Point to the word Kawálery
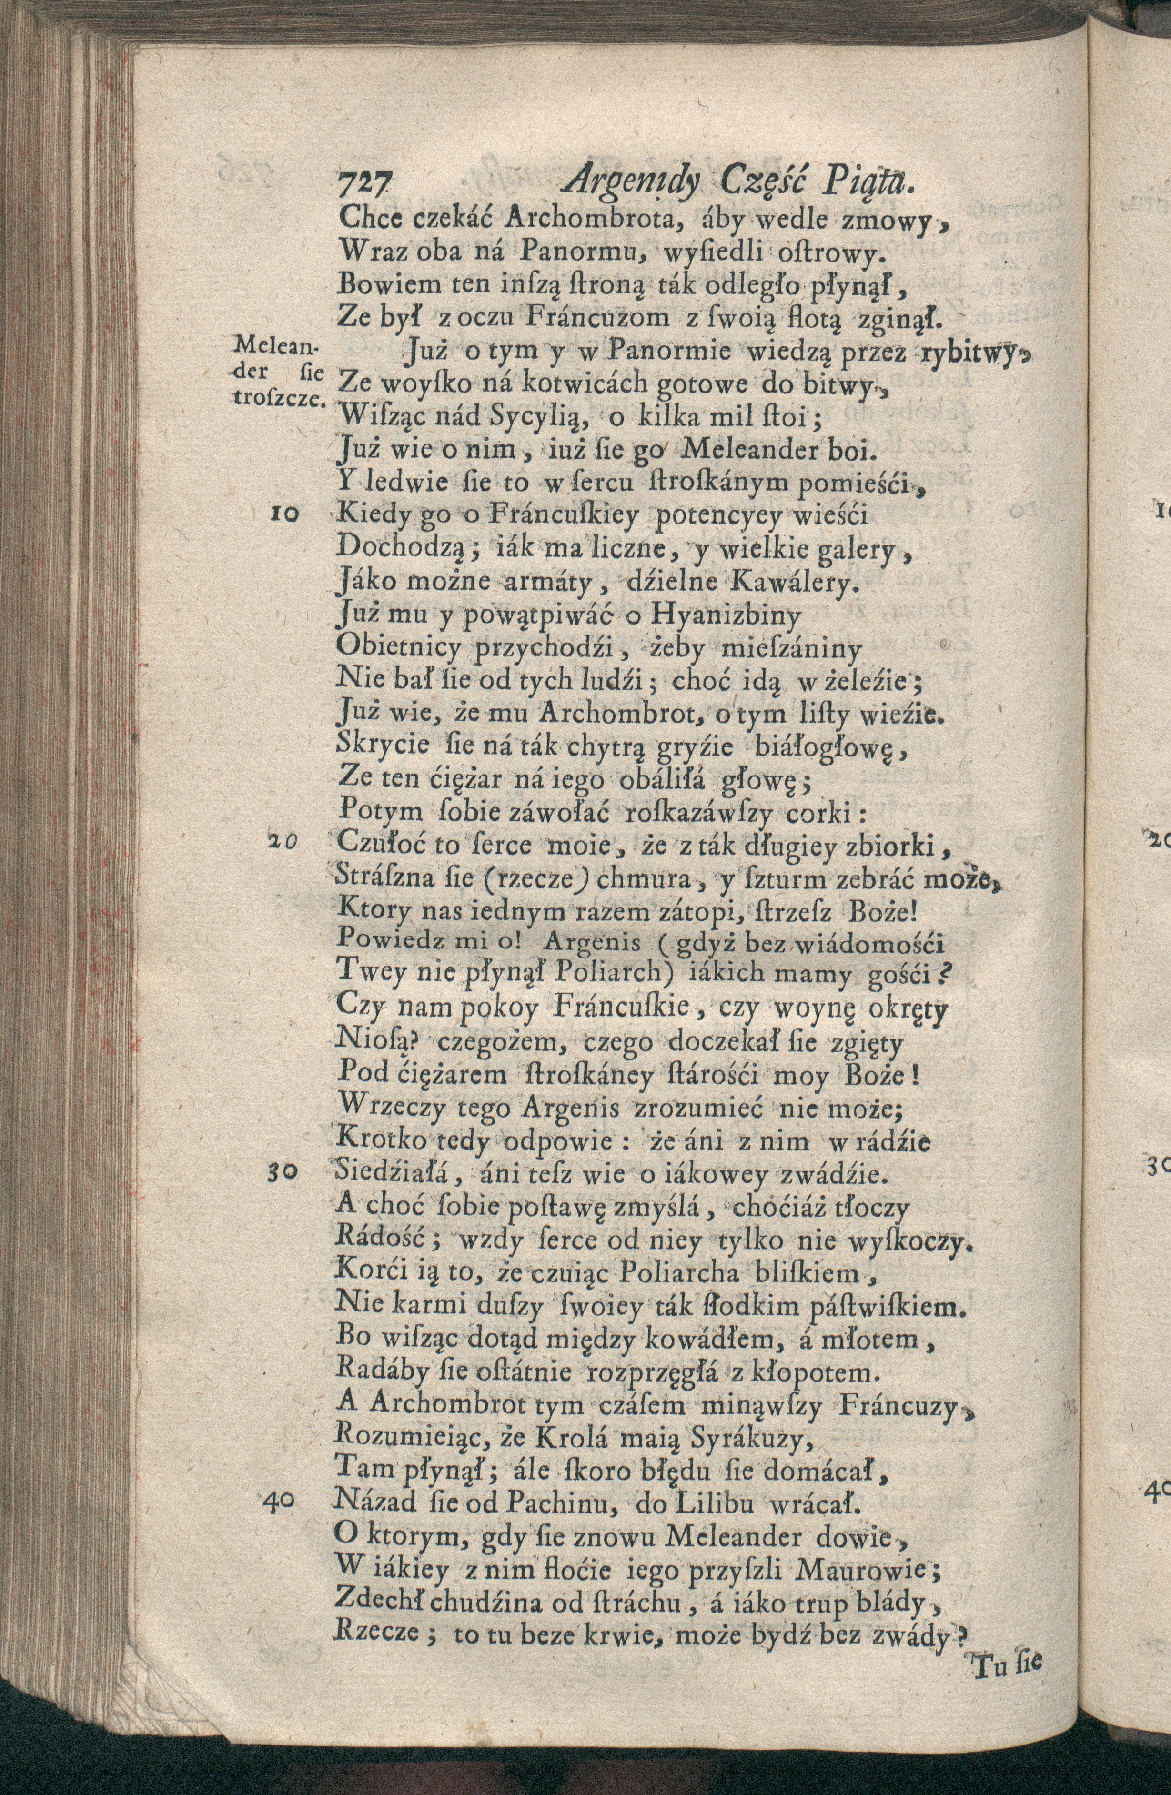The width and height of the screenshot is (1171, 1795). coord(767,582)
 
